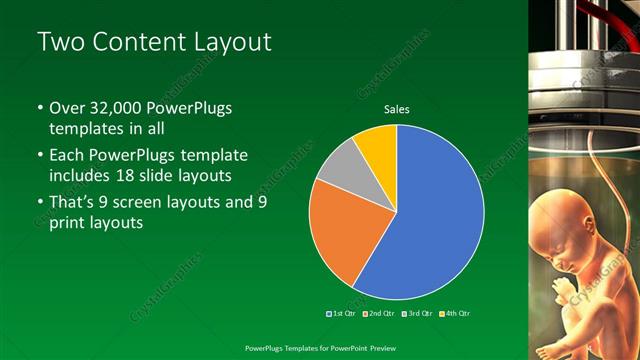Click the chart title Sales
(x=397, y=110)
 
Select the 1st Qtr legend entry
(x=341, y=313)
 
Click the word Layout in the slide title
(x=229, y=42)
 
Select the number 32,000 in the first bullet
(x=113, y=107)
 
